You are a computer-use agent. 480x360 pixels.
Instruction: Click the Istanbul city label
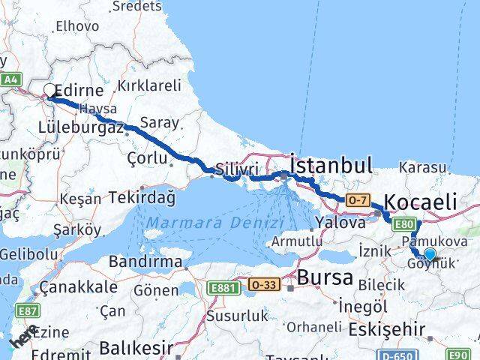[331, 166]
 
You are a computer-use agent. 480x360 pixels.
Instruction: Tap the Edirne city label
[80, 90]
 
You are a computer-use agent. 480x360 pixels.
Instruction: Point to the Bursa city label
[325, 277]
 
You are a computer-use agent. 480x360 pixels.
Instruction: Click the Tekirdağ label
[141, 198]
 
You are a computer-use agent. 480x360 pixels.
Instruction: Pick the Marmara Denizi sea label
[215, 223]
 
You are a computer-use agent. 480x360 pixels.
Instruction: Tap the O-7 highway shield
[358, 199]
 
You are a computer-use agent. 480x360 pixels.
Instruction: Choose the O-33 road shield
[265, 285]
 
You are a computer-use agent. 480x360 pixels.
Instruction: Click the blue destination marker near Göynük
[429, 254]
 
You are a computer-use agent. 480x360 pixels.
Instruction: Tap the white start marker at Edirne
[49, 91]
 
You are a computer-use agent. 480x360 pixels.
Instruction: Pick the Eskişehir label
[387, 328]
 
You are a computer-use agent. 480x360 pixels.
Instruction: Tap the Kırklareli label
[151, 85]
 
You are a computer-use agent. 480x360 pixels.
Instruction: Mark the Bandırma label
[145, 262]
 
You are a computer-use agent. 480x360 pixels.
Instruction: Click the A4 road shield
[10, 79]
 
